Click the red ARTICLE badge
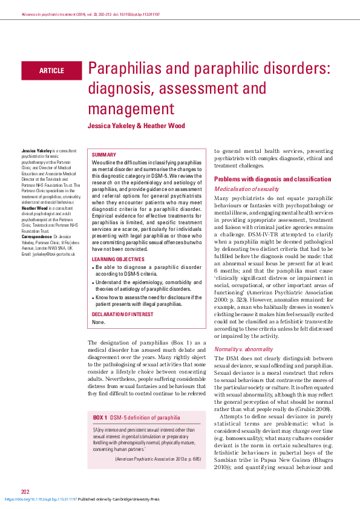[51, 71]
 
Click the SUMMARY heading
[103, 155]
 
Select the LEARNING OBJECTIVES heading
[118, 259]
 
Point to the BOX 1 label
[100, 417]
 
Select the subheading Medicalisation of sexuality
[249, 189]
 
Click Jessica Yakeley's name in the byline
[112, 126]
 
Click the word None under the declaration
[98, 322]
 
